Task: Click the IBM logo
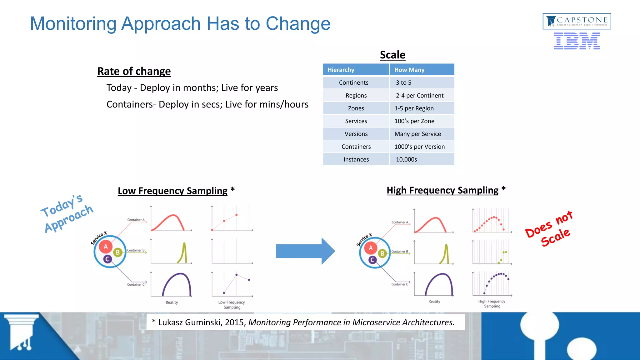pos(577,41)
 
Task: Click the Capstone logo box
pos(577,21)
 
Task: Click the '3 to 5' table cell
pos(403,83)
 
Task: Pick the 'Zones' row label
pos(356,108)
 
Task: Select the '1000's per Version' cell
pos(419,147)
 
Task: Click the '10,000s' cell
pos(406,160)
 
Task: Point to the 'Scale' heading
pos(392,55)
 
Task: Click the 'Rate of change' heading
pos(134,71)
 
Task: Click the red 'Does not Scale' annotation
pos(549,229)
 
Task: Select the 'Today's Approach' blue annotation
pos(67,213)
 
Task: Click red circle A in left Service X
pos(106,247)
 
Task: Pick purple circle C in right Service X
pos(372,260)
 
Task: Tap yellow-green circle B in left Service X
pos(118,252)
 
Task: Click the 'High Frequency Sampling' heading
pos(442,190)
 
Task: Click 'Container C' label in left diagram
pos(136,284)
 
